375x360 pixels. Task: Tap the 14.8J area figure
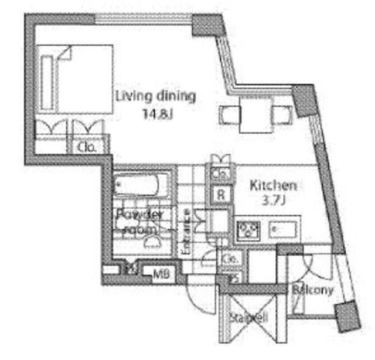pos(155,113)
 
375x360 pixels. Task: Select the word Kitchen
pos(273,186)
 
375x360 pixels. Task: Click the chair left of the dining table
pos(228,115)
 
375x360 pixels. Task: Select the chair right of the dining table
pos(282,115)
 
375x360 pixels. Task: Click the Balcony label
pos(312,290)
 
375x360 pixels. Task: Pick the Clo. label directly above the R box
pos(221,174)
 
